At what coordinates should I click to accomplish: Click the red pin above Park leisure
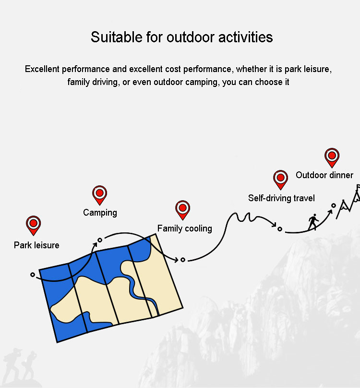(34, 225)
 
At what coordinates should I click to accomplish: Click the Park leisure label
(36, 245)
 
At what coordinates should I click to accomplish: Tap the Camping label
(100, 213)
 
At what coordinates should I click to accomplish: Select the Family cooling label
(185, 229)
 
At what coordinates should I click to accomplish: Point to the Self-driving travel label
(281, 198)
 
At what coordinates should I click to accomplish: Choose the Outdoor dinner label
(324, 175)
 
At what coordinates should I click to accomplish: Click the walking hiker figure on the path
(313, 222)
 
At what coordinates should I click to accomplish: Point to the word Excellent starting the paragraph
(42, 69)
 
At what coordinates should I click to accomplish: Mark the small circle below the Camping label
(100, 240)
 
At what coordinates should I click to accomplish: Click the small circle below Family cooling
(183, 260)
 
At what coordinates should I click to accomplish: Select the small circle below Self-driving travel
(280, 229)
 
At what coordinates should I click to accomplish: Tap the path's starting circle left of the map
(33, 275)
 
